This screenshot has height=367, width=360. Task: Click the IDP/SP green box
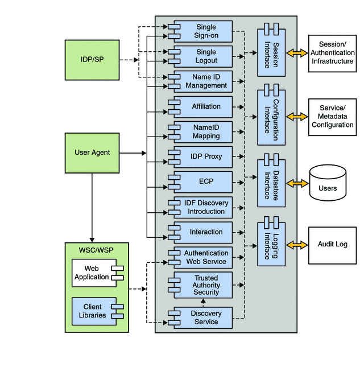click(92, 59)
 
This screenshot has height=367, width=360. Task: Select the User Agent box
click(92, 152)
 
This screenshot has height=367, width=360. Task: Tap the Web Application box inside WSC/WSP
click(97, 273)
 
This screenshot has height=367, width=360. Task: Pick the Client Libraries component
click(97, 311)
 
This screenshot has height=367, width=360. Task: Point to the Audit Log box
click(332, 245)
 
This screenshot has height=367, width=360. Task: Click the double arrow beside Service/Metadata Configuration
click(296, 116)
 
